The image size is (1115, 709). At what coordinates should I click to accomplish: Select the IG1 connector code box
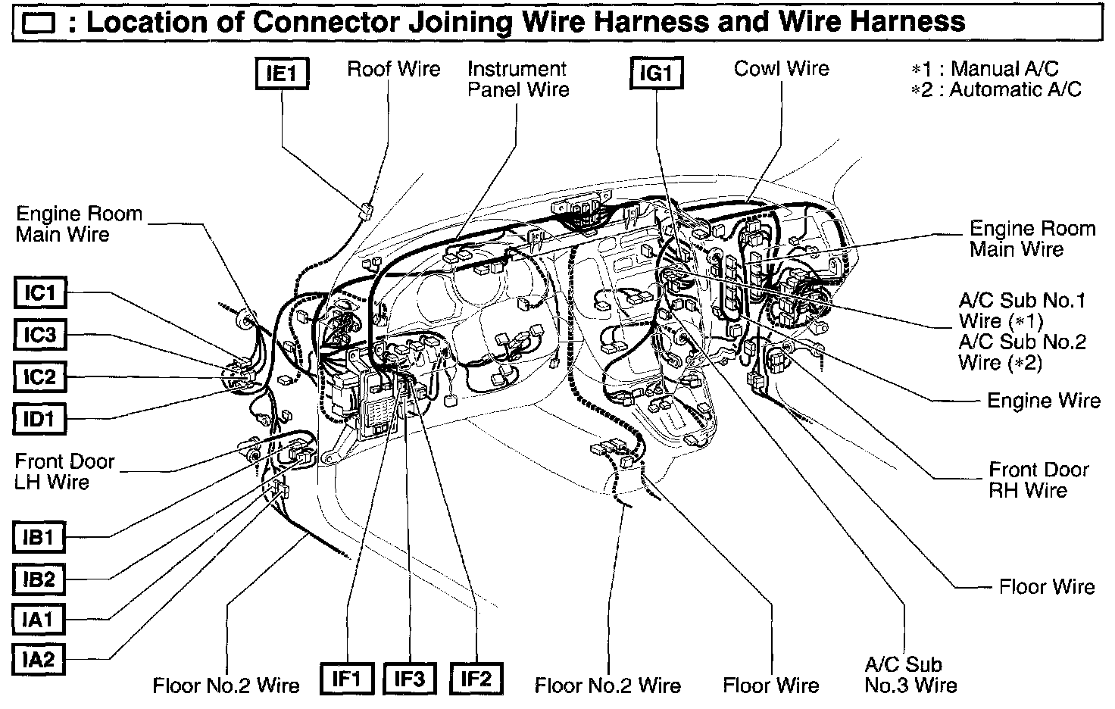pyautogui.click(x=656, y=74)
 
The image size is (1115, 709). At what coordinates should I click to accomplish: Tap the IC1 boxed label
pyautogui.click(x=40, y=292)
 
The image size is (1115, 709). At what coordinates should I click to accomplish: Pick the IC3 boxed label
pyautogui.click(x=40, y=335)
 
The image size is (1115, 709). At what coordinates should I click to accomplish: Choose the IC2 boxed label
pyautogui.click(x=40, y=376)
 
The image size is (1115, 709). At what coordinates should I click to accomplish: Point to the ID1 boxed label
pyautogui.click(x=40, y=418)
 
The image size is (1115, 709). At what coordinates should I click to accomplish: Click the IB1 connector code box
pyautogui.click(x=40, y=538)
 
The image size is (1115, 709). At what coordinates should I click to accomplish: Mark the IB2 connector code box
pyautogui.click(x=40, y=579)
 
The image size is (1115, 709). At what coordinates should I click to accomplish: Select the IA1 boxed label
pyautogui.click(x=40, y=620)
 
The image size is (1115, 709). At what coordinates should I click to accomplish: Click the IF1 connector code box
pyautogui.click(x=346, y=679)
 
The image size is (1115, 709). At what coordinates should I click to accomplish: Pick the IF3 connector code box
pyautogui.click(x=410, y=679)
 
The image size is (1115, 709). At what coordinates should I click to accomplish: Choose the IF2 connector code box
pyautogui.click(x=476, y=679)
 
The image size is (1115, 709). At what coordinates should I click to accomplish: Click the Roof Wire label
pyautogui.click(x=393, y=69)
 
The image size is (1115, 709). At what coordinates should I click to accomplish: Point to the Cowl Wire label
pyautogui.click(x=781, y=69)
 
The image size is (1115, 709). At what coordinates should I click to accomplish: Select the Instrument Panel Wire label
pyautogui.click(x=518, y=79)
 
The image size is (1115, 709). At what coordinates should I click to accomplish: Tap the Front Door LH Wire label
pyautogui.click(x=64, y=471)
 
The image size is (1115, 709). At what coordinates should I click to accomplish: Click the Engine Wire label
pyautogui.click(x=1043, y=401)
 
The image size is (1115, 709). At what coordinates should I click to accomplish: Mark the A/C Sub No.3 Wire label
pyautogui.click(x=910, y=675)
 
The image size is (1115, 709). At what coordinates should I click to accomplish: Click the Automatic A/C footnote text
pyautogui.click(x=997, y=89)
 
